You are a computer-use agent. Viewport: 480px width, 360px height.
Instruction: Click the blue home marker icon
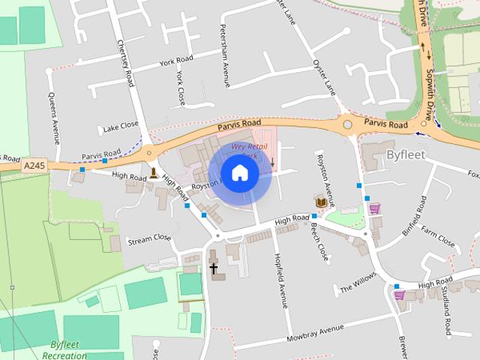coord(239,173)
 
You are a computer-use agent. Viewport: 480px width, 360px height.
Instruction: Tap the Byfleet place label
coord(406,154)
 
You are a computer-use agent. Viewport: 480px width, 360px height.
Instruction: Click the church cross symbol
coord(213,268)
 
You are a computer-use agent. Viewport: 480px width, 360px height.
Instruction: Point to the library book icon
coord(321,201)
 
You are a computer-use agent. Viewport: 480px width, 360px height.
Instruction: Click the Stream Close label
coord(148,240)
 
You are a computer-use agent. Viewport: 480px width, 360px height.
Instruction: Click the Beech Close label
coord(320,241)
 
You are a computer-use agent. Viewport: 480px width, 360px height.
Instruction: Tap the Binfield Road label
coord(415,216)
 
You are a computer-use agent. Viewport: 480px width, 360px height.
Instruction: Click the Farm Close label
coord(438,238)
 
